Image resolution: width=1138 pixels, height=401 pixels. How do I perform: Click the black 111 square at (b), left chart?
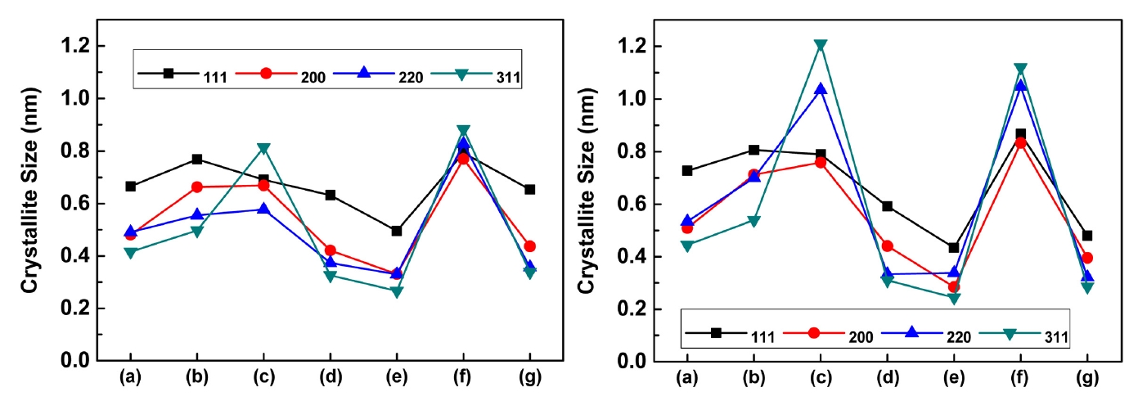click(197, 159)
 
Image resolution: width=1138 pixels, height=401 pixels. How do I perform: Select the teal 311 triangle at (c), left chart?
click(263, 149)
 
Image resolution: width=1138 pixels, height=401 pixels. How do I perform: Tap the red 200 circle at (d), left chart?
click(331, 250)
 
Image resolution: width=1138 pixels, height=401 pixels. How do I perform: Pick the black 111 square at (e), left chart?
click(397, 231)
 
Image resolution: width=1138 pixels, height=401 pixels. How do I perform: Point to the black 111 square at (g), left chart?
click(529, 189)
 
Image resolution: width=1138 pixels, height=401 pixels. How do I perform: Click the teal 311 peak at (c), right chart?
click(821, 46)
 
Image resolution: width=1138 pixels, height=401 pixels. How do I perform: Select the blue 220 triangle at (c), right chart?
click(821, 88)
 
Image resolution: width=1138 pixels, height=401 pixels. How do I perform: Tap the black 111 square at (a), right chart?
click(687, 170)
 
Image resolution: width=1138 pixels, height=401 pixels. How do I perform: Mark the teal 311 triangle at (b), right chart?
click(754, 221)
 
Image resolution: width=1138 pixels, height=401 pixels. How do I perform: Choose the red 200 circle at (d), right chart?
click(888, 246)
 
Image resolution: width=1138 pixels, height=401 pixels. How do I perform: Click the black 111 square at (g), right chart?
click(1087, 236)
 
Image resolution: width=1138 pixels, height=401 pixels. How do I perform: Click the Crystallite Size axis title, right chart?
click(587, 205)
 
